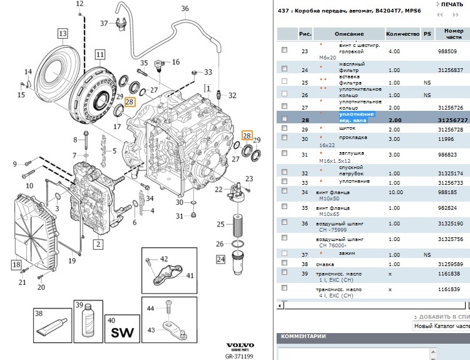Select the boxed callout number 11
point(100,54)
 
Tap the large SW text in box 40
point(119,332)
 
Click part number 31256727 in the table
point(454,119)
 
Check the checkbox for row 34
point(285,193)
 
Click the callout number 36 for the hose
point(185,8)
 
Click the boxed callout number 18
point(16,265)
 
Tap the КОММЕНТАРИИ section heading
point(304,336)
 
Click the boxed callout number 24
point(220,259)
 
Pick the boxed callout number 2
point(98,243)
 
